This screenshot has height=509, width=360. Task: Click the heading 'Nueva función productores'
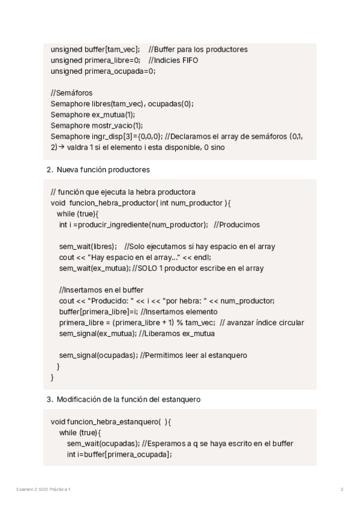coord(103,170)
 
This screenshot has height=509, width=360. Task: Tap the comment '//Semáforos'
coord(71,92)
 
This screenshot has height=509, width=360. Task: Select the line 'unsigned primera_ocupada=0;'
coord(103,71)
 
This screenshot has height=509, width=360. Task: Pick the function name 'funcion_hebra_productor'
coord(112,203)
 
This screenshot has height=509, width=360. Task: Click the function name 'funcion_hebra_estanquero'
coord(113,422)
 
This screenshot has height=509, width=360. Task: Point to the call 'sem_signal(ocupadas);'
coord(97,355)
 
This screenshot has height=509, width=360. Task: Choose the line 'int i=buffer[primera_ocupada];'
coord(119,454)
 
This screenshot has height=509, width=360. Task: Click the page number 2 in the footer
coord(342,490)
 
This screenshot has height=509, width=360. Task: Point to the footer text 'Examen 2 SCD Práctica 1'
coord(43,490)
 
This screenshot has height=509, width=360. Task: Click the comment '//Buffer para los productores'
coord(198,49)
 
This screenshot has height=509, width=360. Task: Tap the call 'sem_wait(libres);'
coord(88,246)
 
